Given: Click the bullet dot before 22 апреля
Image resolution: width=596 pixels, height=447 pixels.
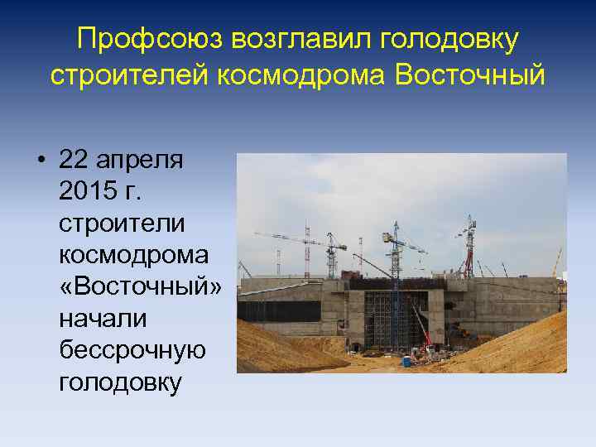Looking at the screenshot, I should pos(40,160).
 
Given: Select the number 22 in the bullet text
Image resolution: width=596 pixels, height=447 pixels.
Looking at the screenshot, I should pos(77,160).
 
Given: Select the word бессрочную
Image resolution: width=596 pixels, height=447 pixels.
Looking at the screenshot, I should pos(132,352).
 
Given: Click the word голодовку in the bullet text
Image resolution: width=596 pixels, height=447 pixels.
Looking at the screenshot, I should pos(120,384).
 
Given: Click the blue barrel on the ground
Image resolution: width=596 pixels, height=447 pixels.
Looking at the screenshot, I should pos(407,361).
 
